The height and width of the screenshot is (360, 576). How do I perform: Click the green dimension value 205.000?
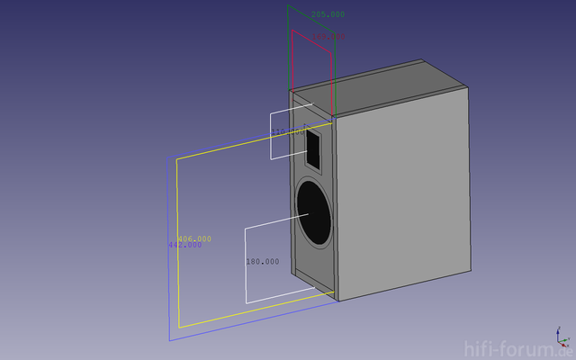[x=328, y=14]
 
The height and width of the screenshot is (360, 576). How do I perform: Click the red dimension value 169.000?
[x=329, y=37]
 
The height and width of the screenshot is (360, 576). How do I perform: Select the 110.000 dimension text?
[x=288, y=132]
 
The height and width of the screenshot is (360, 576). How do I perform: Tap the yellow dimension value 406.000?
[x=194, y=238]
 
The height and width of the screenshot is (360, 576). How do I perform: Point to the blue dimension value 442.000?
[x=184, y=245]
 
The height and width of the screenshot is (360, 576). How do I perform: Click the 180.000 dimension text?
[x=262, y=262]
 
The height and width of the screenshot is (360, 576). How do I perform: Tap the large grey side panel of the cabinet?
[x=403, y=193]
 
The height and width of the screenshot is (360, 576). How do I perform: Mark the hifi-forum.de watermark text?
[x=517, y=349]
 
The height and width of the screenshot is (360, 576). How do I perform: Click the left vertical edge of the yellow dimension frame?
[x=177, y=243]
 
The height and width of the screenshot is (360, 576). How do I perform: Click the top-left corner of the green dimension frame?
[x=288, y=5]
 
